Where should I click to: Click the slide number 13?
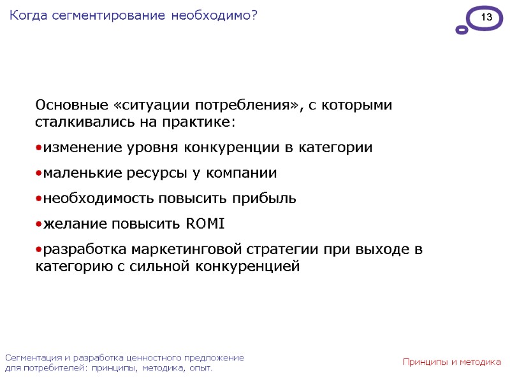(x=486, y=18)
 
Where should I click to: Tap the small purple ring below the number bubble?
(x=462, y=30)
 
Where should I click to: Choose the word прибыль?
(x=264, y=199)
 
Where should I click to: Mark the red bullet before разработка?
(x=38, y=250)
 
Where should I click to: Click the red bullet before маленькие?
(x=38, y=173)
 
